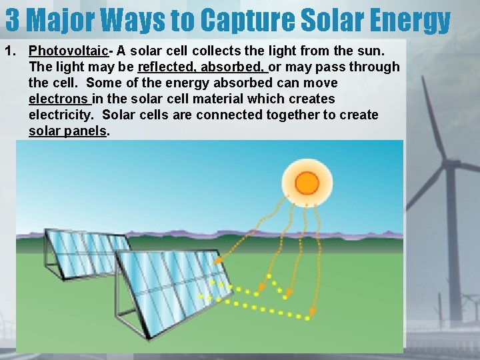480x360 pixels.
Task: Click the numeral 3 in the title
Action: tap(13, 20)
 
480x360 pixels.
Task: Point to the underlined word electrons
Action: tap(59, 99)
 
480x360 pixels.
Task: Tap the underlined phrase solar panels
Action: tap(68, 131)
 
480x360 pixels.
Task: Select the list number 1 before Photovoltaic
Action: tap(9, 51)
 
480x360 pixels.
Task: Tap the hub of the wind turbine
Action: tap(447, 163)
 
